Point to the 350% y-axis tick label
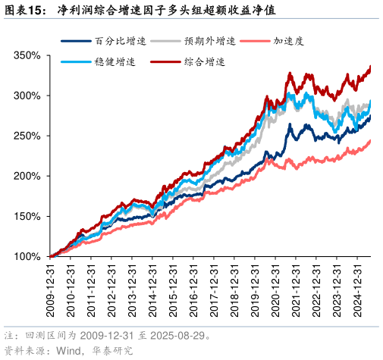pyautogui.click(x=27, y=56)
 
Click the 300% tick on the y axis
pyautogui.click(x=27, y=96)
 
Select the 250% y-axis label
pyautogui.click(x=27, y=136)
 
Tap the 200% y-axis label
pyautogui.click(x=27, y=176)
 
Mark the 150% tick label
pyautogui.click(x=27, y=216)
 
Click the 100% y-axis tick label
pyautogui.click(x=27, y=256)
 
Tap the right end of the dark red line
pyautogui.click(x=370, y=67)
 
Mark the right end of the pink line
pyautogui.click(x=370, y=140)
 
